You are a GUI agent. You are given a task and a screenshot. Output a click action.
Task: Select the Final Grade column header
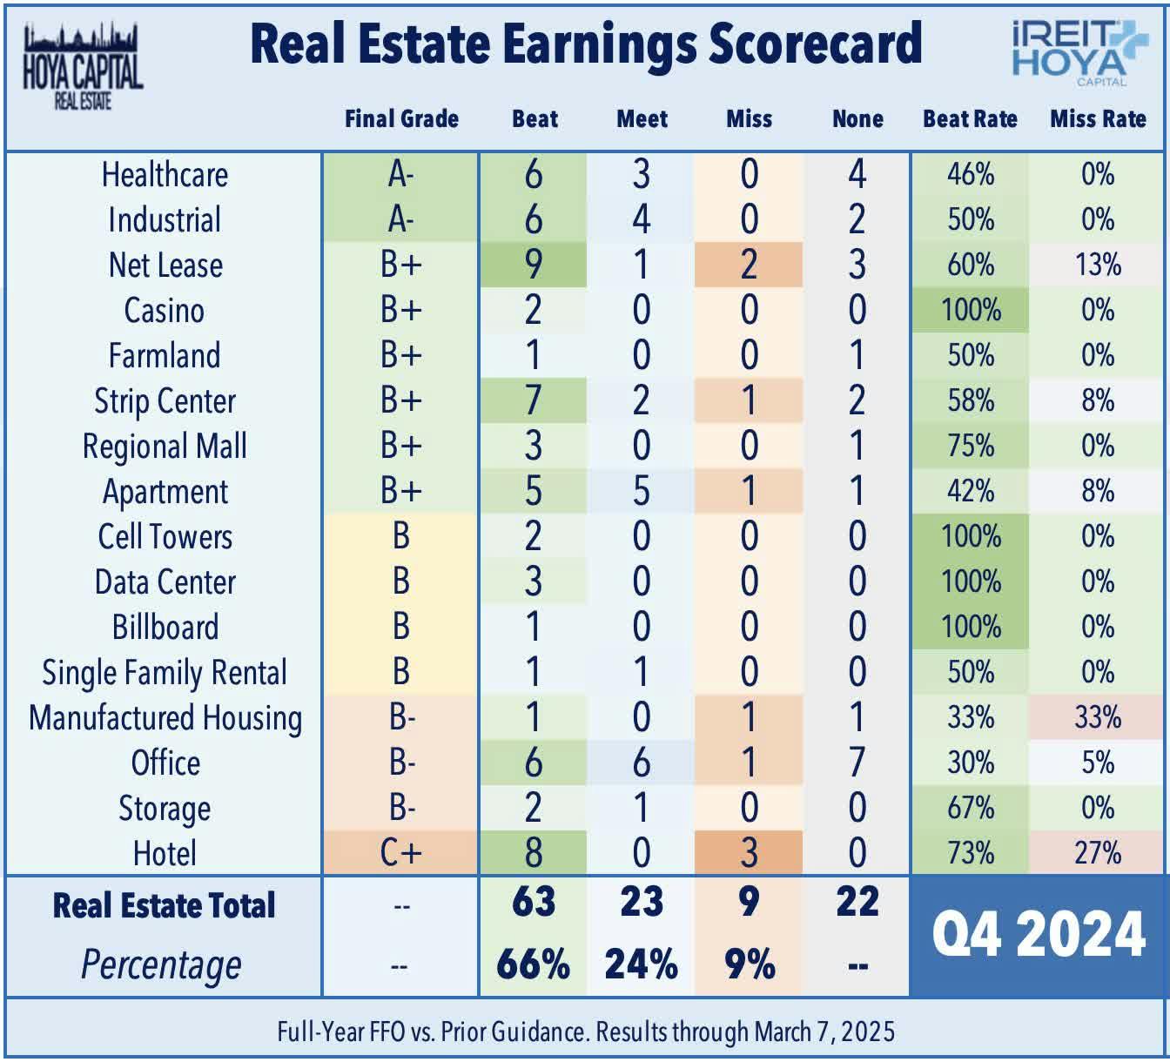coord(401,118)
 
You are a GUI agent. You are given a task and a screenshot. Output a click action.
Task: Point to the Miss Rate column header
coord(1098,118)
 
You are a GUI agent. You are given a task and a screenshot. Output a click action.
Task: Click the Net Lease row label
coord(165,265)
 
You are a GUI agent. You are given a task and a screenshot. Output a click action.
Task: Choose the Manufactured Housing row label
coord(165,718)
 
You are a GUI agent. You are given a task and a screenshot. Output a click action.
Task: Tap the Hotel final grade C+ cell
coord(400,853)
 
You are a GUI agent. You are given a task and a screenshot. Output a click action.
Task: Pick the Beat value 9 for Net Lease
coord(534,265)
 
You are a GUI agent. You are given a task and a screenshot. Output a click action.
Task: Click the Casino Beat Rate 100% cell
coord(971,310)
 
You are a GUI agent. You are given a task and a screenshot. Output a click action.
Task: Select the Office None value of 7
coord(857,763)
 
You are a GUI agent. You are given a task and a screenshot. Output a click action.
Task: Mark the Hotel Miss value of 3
coord(749,853)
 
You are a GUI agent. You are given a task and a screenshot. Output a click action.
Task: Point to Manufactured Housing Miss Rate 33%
coord(1098,717)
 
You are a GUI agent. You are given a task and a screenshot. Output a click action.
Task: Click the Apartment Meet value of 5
coord(641,491)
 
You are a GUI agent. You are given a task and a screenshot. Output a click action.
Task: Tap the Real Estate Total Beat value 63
coord(534,902)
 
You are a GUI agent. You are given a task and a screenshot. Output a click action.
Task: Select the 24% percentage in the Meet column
coord(641,965)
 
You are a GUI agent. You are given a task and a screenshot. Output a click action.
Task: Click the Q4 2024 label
coord(1039,934)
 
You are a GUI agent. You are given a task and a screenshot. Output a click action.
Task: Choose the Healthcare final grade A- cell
coord(400,174)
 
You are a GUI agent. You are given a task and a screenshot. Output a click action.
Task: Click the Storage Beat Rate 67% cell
coord(971,808)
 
